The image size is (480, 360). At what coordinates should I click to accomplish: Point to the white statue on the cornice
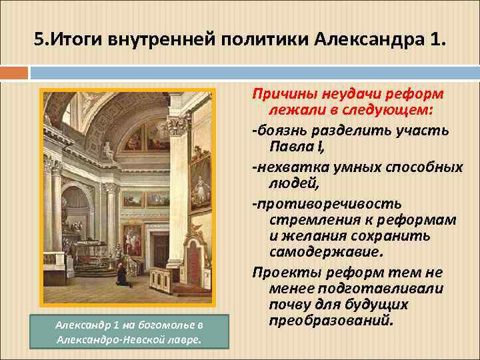(x=108, y=149)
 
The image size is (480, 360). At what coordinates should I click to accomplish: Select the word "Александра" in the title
(x=363, y=41)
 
